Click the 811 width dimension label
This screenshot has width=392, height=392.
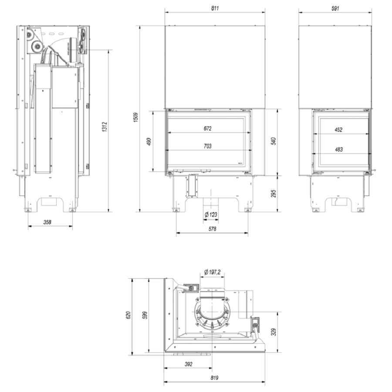pos(215,8)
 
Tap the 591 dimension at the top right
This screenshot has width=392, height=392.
pos(335,8)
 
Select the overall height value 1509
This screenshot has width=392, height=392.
pos(136,117)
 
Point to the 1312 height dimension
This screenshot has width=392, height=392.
pos(104,127)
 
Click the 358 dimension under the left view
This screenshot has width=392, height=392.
pos(47,222)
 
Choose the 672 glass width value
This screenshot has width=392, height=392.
pos(207,128)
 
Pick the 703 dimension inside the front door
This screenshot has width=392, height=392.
pos(207,146)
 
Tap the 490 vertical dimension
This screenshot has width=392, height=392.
pos(149,142)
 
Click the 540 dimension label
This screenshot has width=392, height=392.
pos(274,141)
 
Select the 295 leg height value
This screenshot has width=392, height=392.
pos(274,193)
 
